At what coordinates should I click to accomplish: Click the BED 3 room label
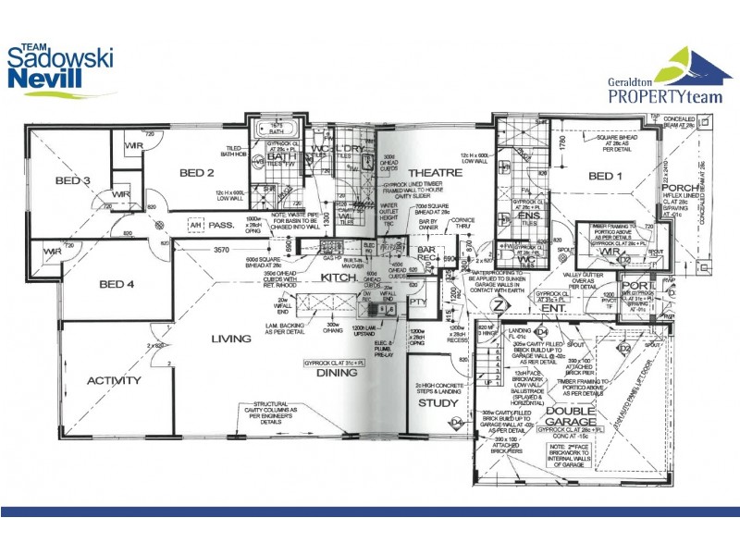71,180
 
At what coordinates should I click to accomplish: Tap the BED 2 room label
197,173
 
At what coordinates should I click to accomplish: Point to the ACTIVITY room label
114,380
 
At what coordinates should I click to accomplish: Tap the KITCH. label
339,277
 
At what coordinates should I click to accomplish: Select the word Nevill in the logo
44,80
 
